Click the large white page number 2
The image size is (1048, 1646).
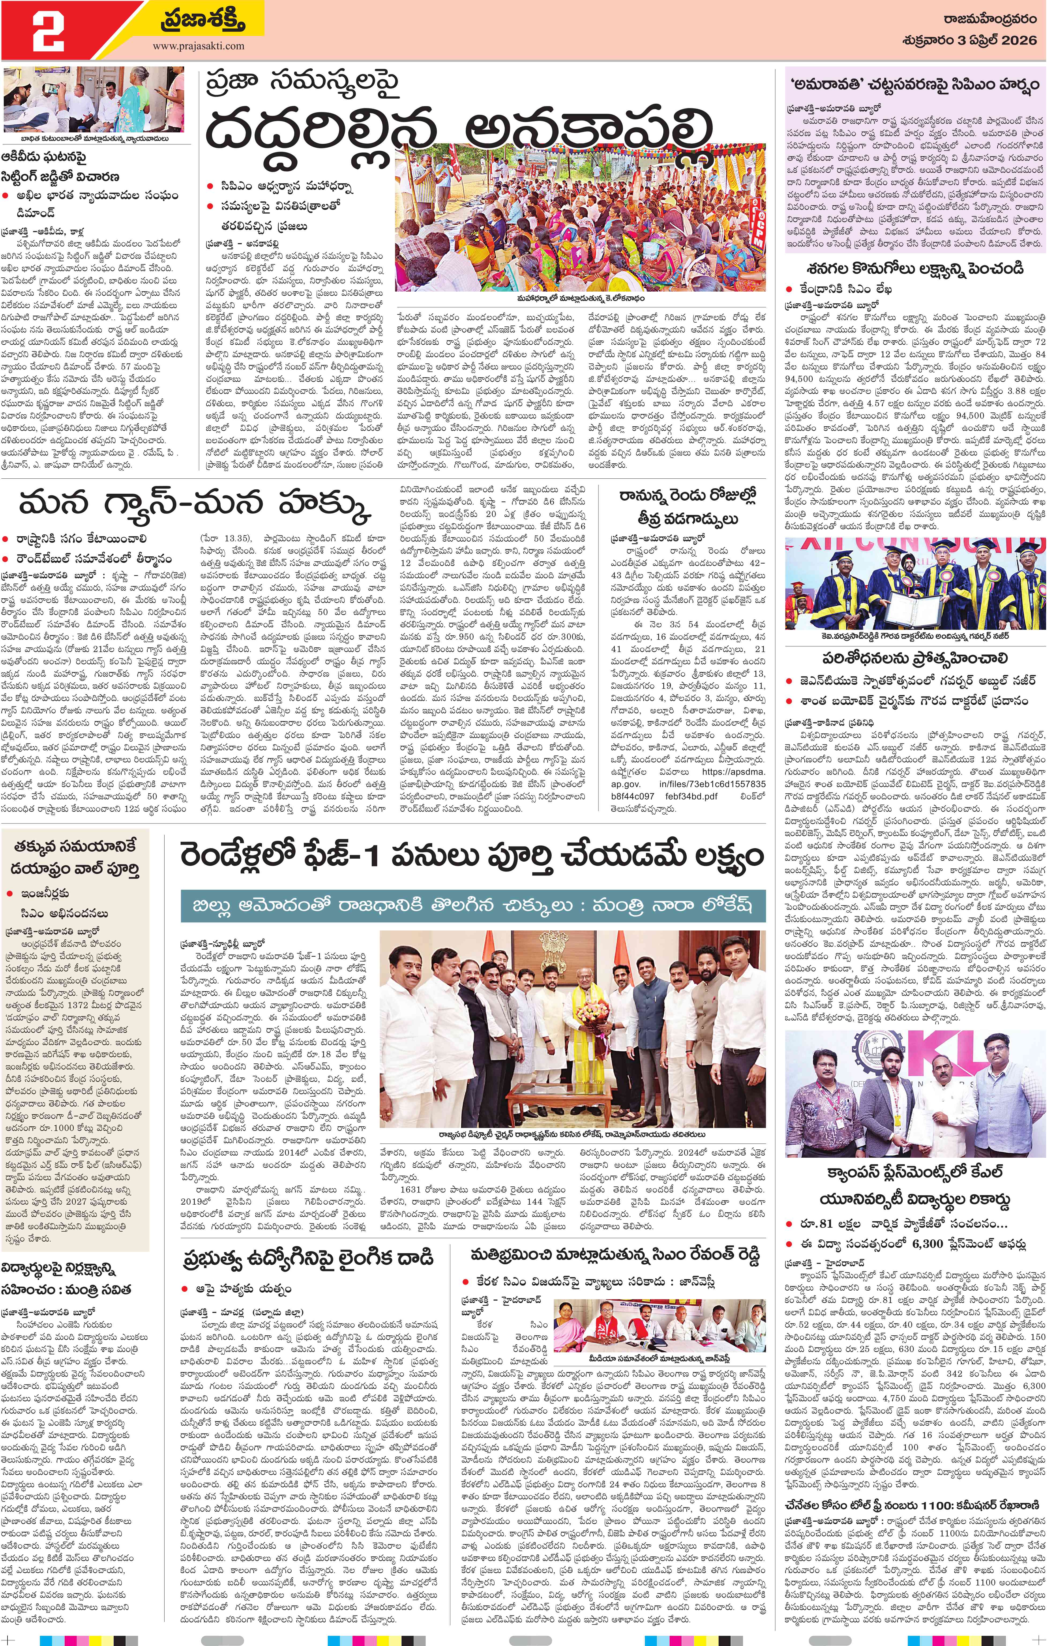coord(48,31)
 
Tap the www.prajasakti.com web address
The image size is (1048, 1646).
coord(198,46)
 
